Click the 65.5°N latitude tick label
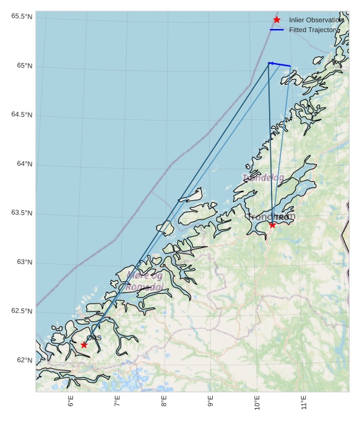click(21, 16)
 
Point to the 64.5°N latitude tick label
click(21, 114)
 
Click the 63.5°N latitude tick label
click(21, 213)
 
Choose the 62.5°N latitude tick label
click(21, 311)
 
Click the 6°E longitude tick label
click(71, 401)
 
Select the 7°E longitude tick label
click(117, 401)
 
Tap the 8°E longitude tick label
click(164, 401)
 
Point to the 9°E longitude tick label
click(210, 401)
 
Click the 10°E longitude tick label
click(257, 402)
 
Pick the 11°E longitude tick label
click(304, 402)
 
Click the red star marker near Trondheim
click(272, 224)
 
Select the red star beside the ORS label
click(84, 344)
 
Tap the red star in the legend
click(276, 20)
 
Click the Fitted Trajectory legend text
click(314, 30)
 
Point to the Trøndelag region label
click(264, 178)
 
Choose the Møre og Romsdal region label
click(145, 281)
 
